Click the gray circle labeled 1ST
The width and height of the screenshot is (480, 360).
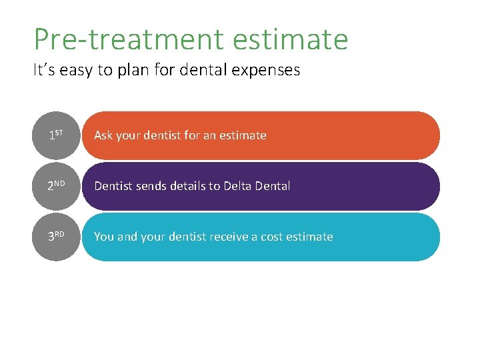[x=56, y=135]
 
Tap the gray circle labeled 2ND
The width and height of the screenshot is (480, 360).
[x=56, y=186]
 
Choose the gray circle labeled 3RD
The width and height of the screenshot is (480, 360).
[x=56, y=237]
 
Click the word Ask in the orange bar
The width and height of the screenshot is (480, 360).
[x=103, y=135]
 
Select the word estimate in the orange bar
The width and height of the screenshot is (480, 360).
[x=243, y=135]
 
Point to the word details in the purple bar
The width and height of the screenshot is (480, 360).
[x=189, y=186]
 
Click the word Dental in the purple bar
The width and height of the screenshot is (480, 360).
[x=273, y=186]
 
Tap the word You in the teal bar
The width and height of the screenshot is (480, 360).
[x=104, y=237]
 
